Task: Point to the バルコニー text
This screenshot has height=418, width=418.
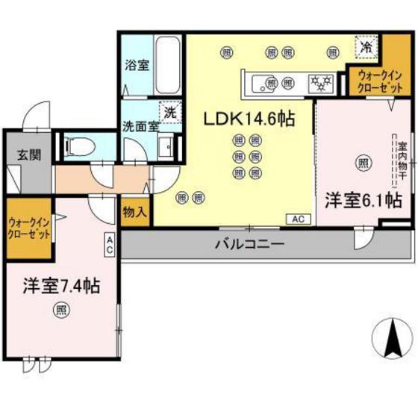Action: (x=249, y=243)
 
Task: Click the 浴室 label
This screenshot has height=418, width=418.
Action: (x=137, y=64)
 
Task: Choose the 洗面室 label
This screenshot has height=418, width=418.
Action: (x=140, y=127)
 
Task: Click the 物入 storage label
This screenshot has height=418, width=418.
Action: (x=135, y=213)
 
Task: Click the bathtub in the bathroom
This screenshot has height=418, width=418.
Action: (x=167, y=66)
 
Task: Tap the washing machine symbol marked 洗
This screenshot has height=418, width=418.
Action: (x=170, y=113)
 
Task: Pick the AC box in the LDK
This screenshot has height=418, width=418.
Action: (x=296, y=219)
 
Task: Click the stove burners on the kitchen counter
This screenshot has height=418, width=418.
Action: (x=322, y=81)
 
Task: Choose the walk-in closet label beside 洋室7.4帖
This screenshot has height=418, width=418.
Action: (x=28, y=228)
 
